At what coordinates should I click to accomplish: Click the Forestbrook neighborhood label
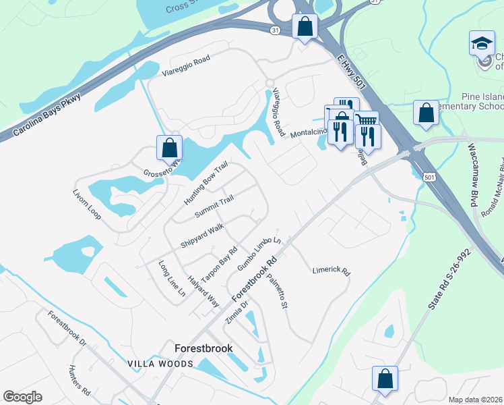[x=203, y=349]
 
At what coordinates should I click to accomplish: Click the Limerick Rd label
[x=332, y=271]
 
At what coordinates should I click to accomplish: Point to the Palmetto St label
[x=277, y=292]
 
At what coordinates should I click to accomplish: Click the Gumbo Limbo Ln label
[x=258, y=254]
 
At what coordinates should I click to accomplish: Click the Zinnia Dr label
[x=237, y=310]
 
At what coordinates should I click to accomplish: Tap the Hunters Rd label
[x=80, y=379]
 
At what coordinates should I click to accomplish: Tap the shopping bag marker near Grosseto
[x=170, y=147]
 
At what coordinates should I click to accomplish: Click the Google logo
[x=22, y=397]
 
